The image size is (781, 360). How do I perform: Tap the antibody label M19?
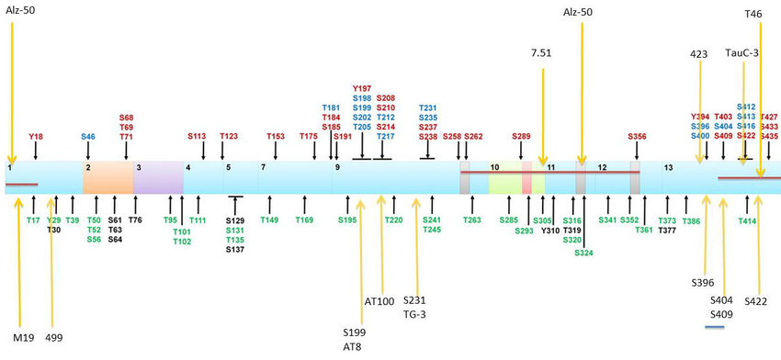[x=23, y=337]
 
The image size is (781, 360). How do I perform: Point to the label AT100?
[x=379, y=300]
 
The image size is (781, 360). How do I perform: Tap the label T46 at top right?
[x=753, y=15]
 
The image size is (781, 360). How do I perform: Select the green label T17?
[x=33, y=220]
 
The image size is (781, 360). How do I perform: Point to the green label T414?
[x=747, y=220]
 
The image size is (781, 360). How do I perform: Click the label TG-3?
[x=415, y=313]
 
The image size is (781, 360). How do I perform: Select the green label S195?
[x=346, y=220]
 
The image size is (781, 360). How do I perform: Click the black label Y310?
[x=550, y=231]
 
